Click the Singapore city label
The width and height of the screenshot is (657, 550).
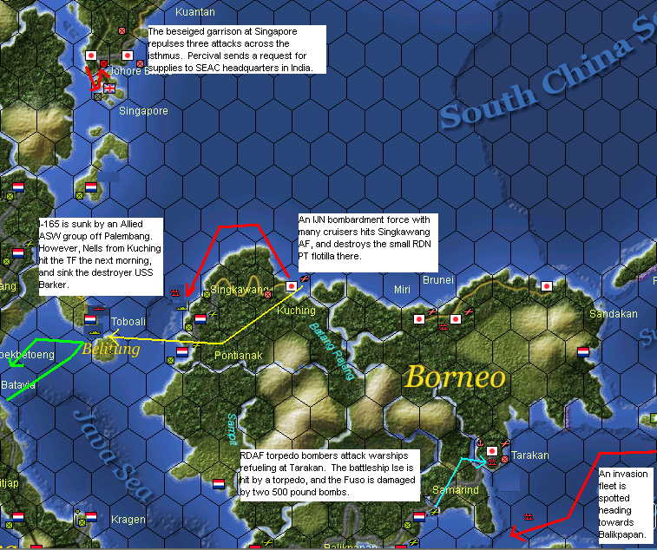click(x=143, y=111)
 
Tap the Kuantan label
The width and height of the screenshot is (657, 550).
click(x=194, y=12)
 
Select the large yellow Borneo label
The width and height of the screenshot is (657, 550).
click(x=455, y=376)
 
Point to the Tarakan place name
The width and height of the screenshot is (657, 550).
click(x=529, y=455)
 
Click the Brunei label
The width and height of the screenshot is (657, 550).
click(x=438, y=280)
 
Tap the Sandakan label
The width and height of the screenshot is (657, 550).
click(x=613, y=314)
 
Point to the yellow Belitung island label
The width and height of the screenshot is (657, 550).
click(x=110, y=350)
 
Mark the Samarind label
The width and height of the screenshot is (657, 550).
click(x=454, y=491)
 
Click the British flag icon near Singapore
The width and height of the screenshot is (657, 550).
click(x=110, y=88)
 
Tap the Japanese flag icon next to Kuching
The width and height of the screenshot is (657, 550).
click(x=292, y=285)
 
